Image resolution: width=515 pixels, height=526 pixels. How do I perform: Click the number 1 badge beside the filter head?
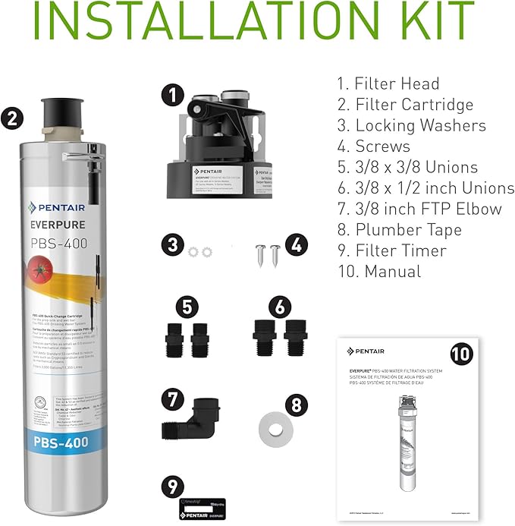tap(174, 94)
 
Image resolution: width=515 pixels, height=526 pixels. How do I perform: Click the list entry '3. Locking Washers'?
tap(410, 125)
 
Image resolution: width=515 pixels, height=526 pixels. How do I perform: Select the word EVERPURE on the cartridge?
tap(60, 225)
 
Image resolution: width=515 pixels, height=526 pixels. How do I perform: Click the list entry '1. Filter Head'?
tap(388, 83)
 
